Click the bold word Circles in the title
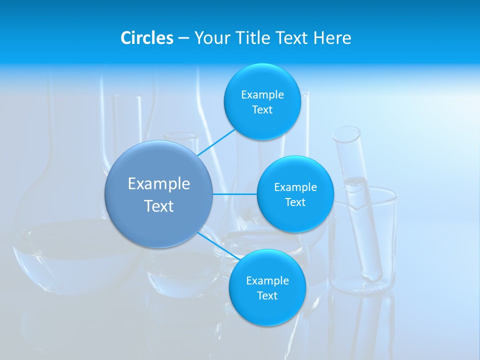click(x=146, y=38)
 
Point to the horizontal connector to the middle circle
click(x=234, y=194)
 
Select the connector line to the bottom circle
click(x=218, y=246)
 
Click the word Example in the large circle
click(x=159, y=184)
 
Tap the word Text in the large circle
click(x=159, y=206)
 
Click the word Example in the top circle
click(x=262, y=95)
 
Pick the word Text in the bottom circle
click(x=267, y=295)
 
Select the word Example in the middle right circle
click(x=295, y=187)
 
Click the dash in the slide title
click(x=183, y=38)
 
